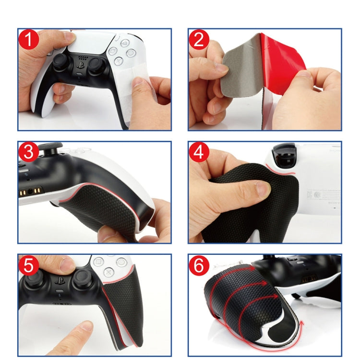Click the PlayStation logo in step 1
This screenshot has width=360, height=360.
click(81, 69)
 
